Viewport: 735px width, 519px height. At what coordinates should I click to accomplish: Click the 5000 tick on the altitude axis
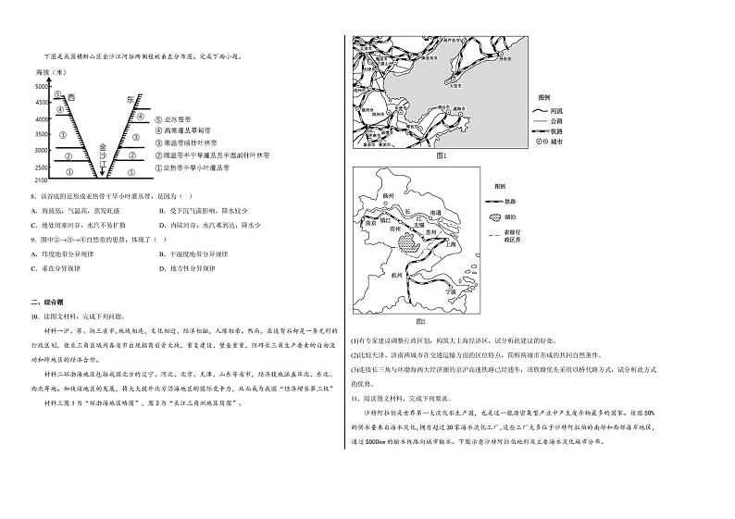point(42,86)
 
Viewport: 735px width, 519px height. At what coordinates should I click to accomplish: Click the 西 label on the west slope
point(71,95)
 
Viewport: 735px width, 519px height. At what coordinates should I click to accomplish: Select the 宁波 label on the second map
point(453,290)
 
